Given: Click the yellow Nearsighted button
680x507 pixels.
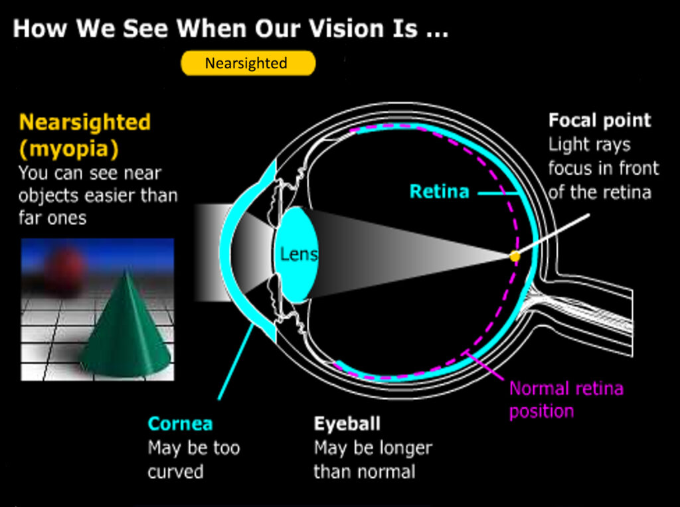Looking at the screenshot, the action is pyautogui.click(x=248, y=63).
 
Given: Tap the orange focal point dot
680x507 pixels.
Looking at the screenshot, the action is pyautogui.click(x=515, y=257).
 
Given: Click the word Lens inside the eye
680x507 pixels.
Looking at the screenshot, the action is pyautogui.click(x=299, y=254).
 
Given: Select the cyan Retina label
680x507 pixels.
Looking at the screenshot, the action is pyautogui.click(x=440, y=192).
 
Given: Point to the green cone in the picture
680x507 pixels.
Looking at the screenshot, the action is pyautogui.click(x=126, y=329).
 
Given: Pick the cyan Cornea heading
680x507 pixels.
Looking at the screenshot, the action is pyautogui.click(x=180, y=424).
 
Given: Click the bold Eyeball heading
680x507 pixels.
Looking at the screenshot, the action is pyautogui.click(x=347, y=424).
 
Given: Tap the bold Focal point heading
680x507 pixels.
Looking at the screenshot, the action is pyautogui.click(x=600, y=121).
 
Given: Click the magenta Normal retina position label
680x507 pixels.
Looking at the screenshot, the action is pyautogui.click(x=566, y=399).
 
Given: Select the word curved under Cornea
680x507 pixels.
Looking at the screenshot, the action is pyautogui.click(x=175, y=472).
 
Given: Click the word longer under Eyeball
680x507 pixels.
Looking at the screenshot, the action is pyautogui.click(x=405, y=449).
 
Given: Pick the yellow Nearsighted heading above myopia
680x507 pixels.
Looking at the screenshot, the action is pyautogui.click(x=85, y=122).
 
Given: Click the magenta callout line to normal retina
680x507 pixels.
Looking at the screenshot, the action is pyautogui.click(x=484, y=366).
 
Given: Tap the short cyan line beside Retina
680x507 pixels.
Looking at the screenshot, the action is pyautogui.click(x=498, y=193).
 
